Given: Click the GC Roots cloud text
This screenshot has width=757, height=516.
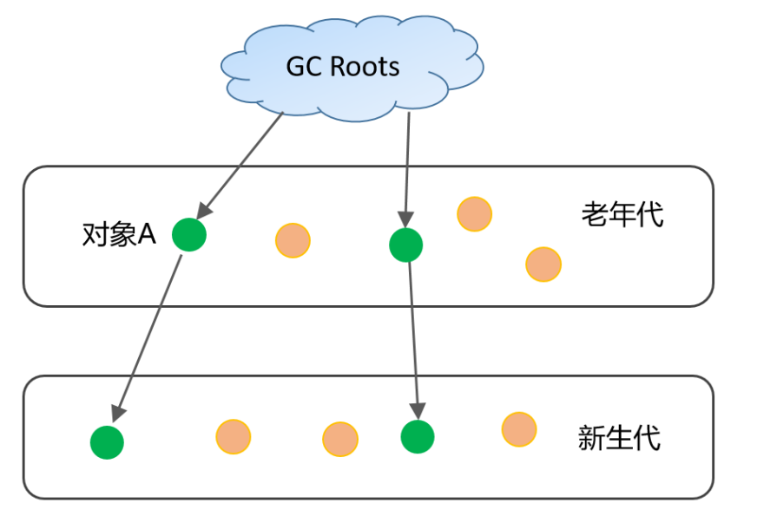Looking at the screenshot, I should tap(343, 67).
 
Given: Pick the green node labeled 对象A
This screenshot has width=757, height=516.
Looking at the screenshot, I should tap(188, 234).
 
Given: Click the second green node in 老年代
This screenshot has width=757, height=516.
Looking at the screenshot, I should tap(405, 245).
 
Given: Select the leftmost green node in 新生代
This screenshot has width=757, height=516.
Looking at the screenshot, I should tap(107, 441).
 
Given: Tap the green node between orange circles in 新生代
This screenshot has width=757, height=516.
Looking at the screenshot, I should tap(418, 436).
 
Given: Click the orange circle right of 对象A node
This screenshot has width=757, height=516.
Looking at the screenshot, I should tap(293, 240).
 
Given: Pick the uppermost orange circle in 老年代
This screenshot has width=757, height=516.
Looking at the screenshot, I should tap(474, 213).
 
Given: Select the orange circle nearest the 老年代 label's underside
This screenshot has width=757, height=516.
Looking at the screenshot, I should tap(543, 264).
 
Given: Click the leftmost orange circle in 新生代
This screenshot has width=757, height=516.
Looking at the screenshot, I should tap(233, 436).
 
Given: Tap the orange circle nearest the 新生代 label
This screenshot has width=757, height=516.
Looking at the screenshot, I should tap(518, 429).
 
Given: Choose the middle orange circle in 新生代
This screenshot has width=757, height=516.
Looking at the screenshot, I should tap(340, 439).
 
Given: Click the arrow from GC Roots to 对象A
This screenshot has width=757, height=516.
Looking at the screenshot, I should tap(242, 164).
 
